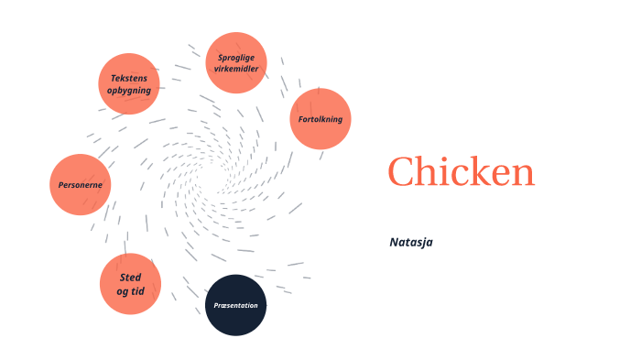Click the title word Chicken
[461, 172]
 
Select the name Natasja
[410, 242]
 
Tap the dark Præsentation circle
[235, 305]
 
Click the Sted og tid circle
[130, 284]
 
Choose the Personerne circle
[80, 185]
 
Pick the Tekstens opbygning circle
[129, 83]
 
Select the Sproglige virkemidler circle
[236, 63]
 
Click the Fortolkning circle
[320, 119]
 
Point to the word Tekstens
[129, 78]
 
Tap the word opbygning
[129, 90]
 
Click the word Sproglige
[236, 58]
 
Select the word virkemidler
[236, 69]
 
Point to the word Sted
[130, 278]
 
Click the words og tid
[130, 291]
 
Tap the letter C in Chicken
[403, 172]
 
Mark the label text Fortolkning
[320, 119]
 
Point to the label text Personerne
[80, 185]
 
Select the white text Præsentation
[235, 305]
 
